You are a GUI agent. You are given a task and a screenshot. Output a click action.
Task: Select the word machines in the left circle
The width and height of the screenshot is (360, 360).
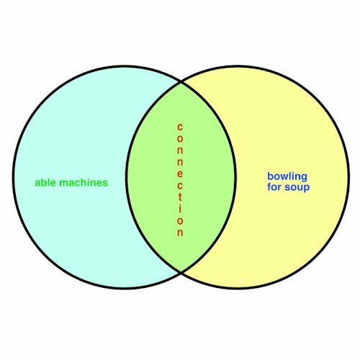pos(84,182)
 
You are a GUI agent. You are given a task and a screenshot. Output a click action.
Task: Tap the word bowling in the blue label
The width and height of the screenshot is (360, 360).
pos(287,177)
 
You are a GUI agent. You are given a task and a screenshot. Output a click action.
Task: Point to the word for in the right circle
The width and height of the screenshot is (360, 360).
pos(274,186)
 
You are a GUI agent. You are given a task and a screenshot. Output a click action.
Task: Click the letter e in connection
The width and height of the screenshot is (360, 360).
pos(180,174)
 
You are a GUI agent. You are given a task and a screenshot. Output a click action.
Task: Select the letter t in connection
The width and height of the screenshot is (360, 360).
pos(180,197)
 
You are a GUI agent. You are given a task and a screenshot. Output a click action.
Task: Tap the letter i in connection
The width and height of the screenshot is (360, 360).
pos(180,208)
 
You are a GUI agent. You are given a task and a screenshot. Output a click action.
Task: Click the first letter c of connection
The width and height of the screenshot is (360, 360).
pos(180,127)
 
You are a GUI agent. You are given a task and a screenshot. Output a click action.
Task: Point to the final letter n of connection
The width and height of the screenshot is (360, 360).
pos(180,233)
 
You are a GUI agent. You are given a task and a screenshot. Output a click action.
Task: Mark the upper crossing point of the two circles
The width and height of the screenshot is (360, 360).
pos(181,82)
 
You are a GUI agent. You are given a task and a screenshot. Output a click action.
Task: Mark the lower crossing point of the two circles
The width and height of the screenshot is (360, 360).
pos(181,272)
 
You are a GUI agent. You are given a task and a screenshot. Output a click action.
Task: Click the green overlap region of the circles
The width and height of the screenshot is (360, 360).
pos(153,178)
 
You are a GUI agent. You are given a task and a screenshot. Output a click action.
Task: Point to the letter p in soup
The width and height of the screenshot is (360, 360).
pos(307,189)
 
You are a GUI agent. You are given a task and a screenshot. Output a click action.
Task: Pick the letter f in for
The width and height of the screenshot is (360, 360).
pos(269,186)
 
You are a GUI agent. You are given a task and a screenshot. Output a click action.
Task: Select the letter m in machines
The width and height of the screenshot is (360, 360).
pos(63,184)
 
